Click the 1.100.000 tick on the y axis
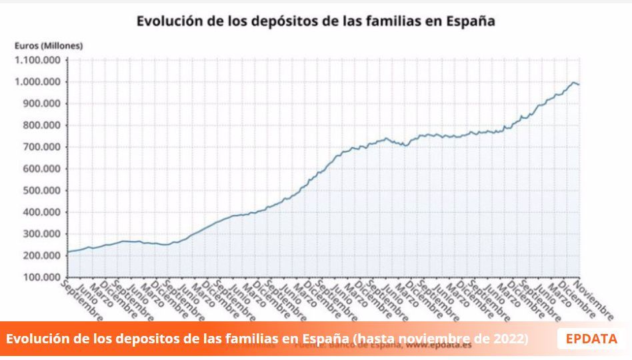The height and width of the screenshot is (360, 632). [x=37, y=60]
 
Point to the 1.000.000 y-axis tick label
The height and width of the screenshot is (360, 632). [x=37, y=82]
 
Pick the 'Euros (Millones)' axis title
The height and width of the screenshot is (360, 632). [x=49, y=45]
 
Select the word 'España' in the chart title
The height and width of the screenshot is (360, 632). [x=471, y=21]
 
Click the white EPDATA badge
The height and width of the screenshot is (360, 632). [x=591, y=339]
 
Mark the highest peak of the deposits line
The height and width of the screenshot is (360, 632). [x=573, y=82]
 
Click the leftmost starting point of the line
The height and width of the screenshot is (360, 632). [x=69, y=252]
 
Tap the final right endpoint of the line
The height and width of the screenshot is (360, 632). [x=579, y=85]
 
